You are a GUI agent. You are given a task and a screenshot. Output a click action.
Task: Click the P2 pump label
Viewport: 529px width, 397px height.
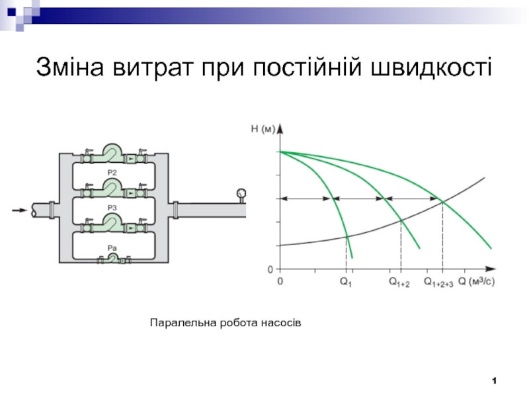[x=112, y=173]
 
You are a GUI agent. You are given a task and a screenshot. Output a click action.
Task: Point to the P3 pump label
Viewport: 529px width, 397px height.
[x=112, y=208]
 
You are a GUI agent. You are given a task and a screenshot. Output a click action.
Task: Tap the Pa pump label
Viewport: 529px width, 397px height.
[x=112, y=247]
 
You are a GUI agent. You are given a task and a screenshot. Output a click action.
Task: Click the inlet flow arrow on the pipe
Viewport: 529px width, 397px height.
[x=20, y=211]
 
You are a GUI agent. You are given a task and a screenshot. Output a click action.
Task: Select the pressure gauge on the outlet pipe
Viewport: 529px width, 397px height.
[x=239, y=194]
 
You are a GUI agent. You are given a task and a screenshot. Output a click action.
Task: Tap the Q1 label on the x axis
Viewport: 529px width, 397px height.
[x=346, y=283]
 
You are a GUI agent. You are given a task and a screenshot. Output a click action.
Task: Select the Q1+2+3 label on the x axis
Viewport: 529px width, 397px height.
[x=438, y=283]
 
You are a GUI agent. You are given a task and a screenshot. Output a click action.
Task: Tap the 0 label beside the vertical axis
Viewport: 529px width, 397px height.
[x=270, y=270]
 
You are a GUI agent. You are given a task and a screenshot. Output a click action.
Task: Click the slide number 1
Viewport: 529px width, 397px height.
[x=494, y=380]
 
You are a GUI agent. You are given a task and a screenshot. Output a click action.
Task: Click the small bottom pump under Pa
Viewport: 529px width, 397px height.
[x=113, y=259]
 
